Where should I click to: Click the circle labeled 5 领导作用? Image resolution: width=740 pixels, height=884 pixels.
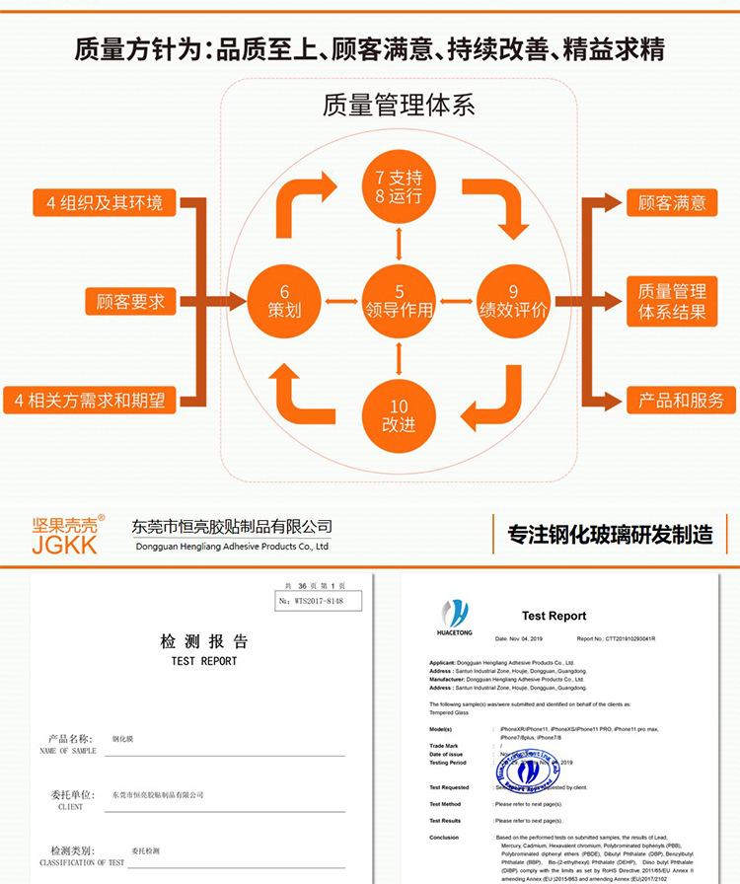pos(399,301)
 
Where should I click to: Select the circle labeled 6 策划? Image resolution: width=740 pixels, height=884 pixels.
pos(284,301)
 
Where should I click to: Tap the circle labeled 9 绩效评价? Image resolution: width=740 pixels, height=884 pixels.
pos(513,301)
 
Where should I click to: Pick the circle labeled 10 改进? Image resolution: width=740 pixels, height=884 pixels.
pos(399,414)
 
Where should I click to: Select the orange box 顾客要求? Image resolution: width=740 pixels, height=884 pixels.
pos(130,301)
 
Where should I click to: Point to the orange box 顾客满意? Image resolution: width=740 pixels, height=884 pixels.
pos(672,204)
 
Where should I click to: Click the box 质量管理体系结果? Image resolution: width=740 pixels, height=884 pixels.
pos(672,302)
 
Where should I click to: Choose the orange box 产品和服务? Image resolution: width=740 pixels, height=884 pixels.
pos(680,401)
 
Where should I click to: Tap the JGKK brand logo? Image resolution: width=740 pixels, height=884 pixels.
pos(65,534)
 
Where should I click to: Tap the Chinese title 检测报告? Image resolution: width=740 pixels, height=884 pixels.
pos(204,642)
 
